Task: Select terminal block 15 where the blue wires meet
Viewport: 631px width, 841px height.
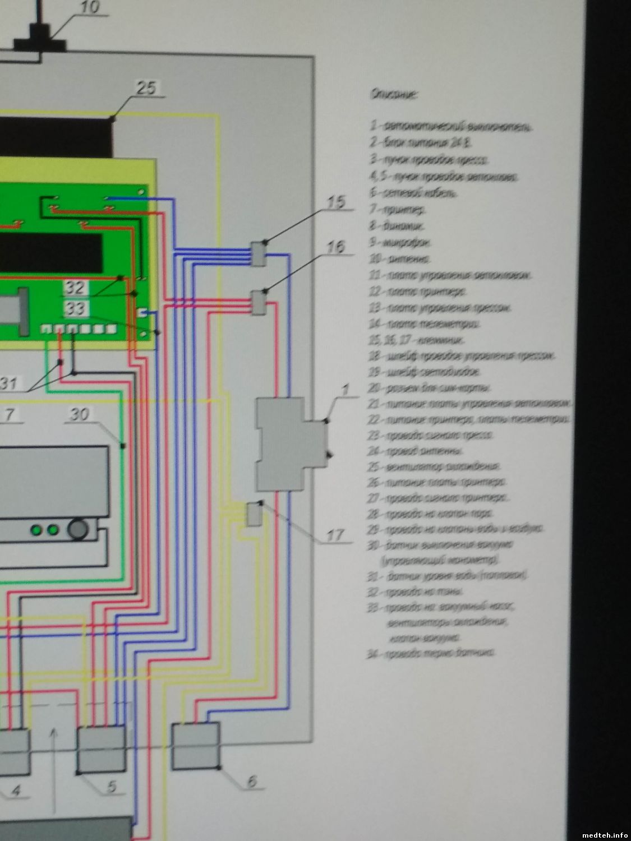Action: [259, 253]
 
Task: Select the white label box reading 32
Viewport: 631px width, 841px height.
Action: [76, 288]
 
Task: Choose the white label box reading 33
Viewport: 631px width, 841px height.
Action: [76, 308]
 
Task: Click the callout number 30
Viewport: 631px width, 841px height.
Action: [79, 414]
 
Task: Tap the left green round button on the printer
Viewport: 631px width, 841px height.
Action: [38, 529]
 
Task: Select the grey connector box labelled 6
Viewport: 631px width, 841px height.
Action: [195, 746]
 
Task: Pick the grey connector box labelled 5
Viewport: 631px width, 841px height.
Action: [101, 750]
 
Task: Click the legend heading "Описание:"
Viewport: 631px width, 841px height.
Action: [393, 95]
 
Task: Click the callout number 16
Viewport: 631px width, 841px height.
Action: [335, 247]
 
